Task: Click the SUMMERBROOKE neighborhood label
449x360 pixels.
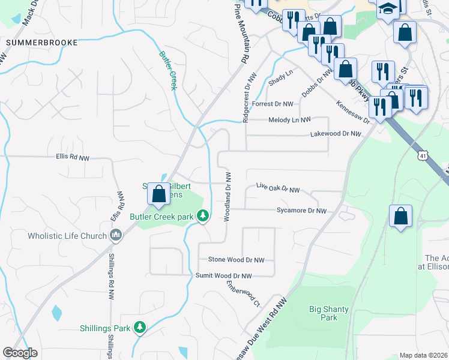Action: tap(42, 43)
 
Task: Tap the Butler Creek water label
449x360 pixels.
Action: tap(168, 70)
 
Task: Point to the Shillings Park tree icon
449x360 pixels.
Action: tap(140, 328)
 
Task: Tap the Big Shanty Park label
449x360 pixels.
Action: tap(328, 313)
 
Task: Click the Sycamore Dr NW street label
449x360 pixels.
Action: tap(301, 211)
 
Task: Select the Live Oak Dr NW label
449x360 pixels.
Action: tap(277, 190)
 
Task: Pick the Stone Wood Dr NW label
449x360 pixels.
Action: tap(236, 260)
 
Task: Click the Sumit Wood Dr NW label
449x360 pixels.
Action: tap(223, 275)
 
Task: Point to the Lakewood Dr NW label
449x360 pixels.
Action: tap(335, 134)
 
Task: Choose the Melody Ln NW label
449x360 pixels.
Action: tap(289, 120)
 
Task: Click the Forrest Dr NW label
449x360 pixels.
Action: tap(273, 104)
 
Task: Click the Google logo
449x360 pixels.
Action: tap(20, 353)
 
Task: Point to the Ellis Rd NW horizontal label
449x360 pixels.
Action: tap(72, 158)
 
